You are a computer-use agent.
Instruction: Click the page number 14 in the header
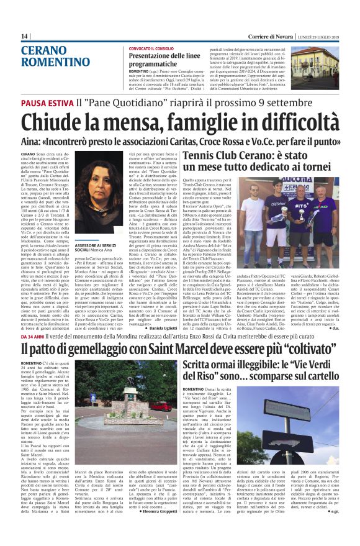point(25,37)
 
